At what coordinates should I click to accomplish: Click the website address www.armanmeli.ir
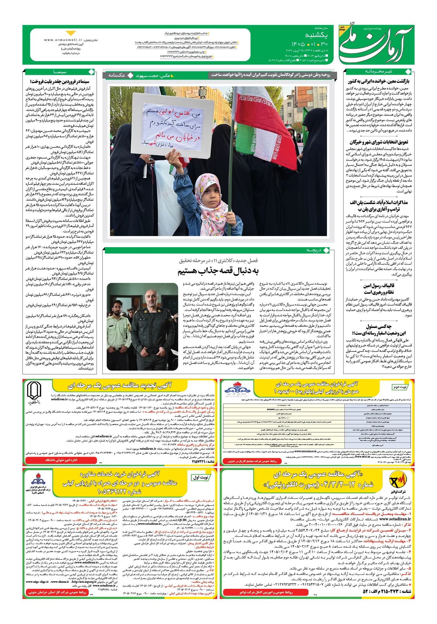click(x=63, y=40)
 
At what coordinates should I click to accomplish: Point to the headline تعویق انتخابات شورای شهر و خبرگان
click(x=379, y=142)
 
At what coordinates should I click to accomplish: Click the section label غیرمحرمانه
click(x=378, y=71)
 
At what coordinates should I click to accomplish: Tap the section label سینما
click(x=60, y=72)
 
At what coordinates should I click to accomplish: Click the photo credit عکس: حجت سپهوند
click(x=153, y=75)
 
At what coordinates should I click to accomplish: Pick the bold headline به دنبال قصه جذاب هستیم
click(x=218, y=271)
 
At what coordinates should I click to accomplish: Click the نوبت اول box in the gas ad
click(x=200, y=477)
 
